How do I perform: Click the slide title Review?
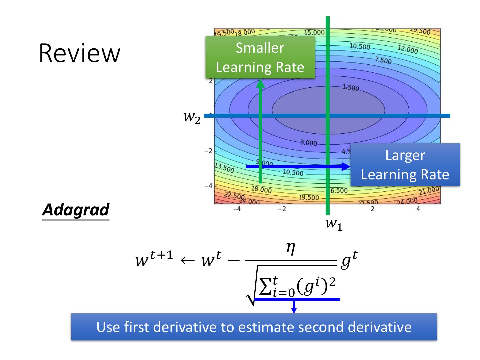(x=79, y=53)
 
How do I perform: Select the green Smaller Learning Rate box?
(x=260, y=57)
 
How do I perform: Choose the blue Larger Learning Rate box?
(x=405, y=165)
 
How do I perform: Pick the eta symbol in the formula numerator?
(x=291, y=249)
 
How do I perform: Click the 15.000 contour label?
(x=314, y=33)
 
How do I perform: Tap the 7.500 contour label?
(x=383, y=61)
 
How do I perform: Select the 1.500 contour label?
(x=350, y=88)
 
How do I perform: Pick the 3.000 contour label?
(x=308, y=143)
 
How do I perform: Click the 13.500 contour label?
(x=224, y=168)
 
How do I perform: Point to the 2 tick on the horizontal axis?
(x=373, y=209)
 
